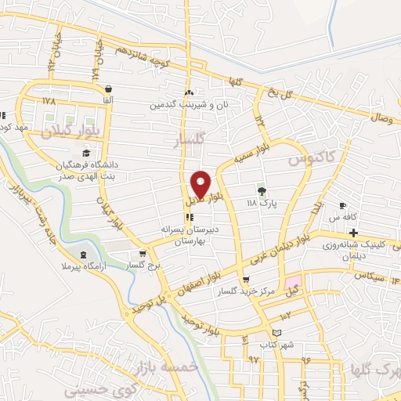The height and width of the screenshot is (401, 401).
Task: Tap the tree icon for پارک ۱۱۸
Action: coord(262,190)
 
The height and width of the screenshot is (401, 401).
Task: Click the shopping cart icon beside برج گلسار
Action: coord(142,254)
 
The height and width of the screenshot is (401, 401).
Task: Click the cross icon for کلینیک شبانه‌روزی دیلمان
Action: coord(354,233)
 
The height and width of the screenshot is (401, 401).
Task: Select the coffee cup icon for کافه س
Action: coord(342,205)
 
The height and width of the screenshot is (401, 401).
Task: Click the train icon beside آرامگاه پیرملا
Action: coord(84,255)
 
